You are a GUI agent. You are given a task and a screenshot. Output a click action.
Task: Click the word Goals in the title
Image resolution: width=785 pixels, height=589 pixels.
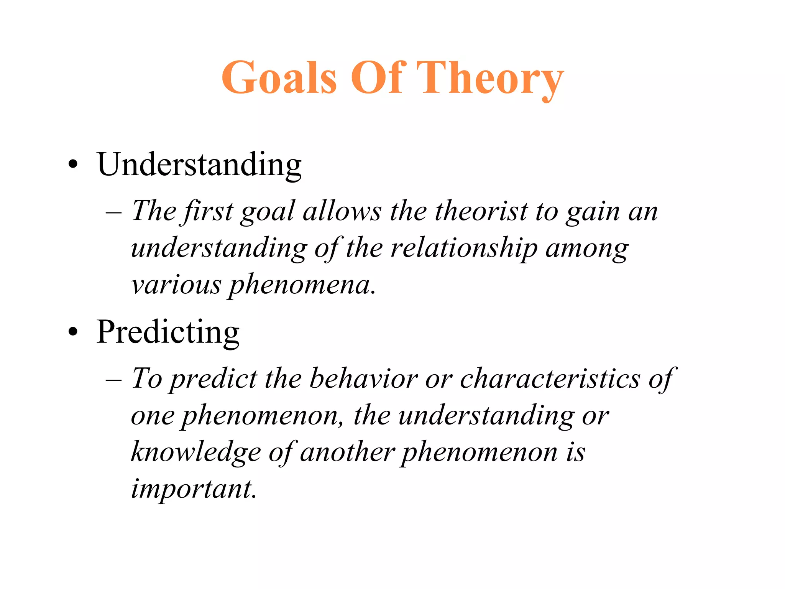[279, 77]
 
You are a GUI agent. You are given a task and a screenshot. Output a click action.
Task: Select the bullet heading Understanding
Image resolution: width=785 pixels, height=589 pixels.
[199, 165]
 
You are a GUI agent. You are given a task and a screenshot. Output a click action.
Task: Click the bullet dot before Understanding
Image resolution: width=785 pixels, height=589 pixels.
[73, 166]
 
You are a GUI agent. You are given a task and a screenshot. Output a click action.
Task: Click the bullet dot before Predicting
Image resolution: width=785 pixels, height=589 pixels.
[73, 332]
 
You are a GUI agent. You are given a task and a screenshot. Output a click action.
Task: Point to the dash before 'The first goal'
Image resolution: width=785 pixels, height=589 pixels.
[114, 212]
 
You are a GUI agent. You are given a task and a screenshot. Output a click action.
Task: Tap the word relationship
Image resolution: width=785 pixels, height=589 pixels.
[464, 248]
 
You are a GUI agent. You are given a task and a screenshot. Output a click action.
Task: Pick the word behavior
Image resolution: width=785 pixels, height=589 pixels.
[363, 378]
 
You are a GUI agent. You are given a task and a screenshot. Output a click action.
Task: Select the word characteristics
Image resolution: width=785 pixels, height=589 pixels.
[550, 378]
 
